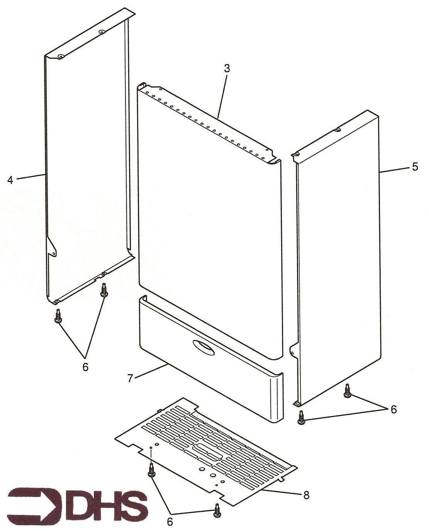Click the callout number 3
coord(226,68)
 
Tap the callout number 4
coord(10,180)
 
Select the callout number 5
coord(415,167)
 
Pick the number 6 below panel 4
coord(85,367)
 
